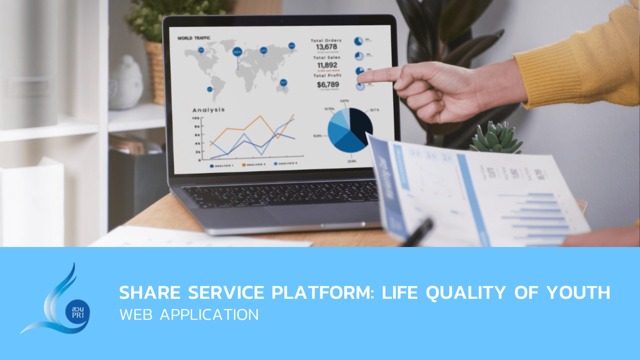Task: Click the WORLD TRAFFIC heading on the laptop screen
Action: [194, 38]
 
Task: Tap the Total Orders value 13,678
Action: [326, 47]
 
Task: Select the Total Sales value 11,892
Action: [327, 65]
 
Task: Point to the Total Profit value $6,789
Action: [328, 85]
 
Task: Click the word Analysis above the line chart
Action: [209, 110]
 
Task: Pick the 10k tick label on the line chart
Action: [196, 118]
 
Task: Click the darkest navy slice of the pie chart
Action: [361, 124]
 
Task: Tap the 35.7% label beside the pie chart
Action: [374, 110]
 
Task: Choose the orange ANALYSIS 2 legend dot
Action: [244, 165]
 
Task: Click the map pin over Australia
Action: [283, 82]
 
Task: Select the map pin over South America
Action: [210, 89]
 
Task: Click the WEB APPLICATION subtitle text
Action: [189, 315]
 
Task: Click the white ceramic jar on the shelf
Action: [126, 83]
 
